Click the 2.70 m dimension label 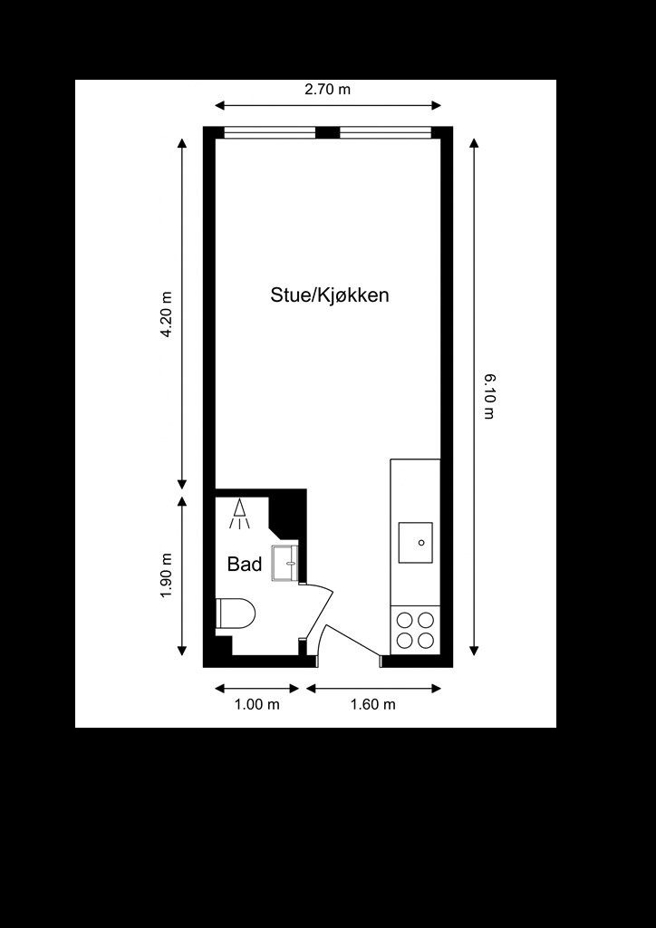[x=327, y=90]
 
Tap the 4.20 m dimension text [x=167, y=314]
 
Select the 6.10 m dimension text [x=488, y=397]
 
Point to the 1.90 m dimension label [x=167, y=575]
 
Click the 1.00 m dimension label [x=256, y=704]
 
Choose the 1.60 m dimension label [x=372, y=704]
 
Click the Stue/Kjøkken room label [x=330, y=295]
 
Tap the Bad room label [x=245, y=565]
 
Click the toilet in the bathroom [x=236, y=614]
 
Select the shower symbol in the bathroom [x=239, y=514]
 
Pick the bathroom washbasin [x=285, y=564]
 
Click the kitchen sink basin [x=415, y=543]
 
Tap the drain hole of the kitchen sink [x=421, y=543]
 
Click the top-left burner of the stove [x=405, y=620]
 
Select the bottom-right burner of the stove [x=426, y=641]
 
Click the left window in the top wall [x=270, y=132]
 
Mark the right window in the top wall [x=385, y=132]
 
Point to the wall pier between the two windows [x=328, y=132]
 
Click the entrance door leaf [x=353, y=641]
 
